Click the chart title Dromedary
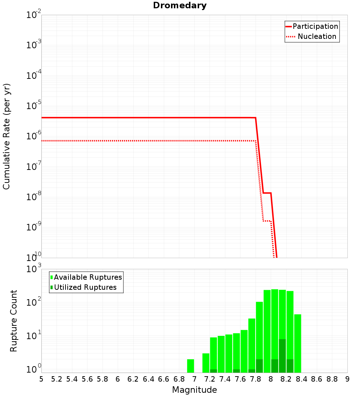tap(180, 5)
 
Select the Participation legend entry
tap(315, 26)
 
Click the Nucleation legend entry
tap(317, 36)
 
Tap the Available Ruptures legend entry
tap(88, 277)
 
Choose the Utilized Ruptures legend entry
tap(85, 287)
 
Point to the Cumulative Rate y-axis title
tap(6, 136)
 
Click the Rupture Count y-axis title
tap(14, 320)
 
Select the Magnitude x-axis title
tap(194, 390)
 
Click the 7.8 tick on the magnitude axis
tap(256, 379)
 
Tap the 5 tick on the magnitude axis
tap(41, 379)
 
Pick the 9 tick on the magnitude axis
tap(347, 379)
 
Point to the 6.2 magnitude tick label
tap(133, 379)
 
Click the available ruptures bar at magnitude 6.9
tap(190, 366)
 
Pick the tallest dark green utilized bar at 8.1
tap(282, 356)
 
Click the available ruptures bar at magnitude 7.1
tap(206, 363)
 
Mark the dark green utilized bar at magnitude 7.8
tap(259, 366)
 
